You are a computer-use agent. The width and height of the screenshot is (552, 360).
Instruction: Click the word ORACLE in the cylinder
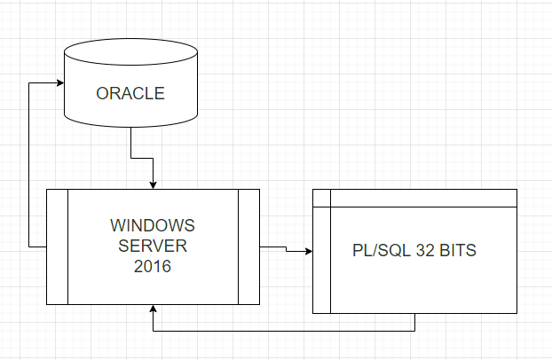coord(130,93)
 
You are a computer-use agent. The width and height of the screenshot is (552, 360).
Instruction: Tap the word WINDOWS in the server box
coord(153,223)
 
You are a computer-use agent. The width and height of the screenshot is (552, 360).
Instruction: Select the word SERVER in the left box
coord(153,244)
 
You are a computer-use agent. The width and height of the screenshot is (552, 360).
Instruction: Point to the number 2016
coord(153,264)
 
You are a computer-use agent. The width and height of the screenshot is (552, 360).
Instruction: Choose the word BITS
coord(458,251)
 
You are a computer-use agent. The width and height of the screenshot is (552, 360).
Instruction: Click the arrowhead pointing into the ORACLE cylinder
coord(59,82)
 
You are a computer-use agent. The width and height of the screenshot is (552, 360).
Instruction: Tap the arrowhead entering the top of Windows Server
coord(154,184)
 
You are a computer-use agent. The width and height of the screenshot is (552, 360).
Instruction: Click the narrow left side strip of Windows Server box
coord(57,246)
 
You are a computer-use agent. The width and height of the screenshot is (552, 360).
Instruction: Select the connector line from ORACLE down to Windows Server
coord(131,142)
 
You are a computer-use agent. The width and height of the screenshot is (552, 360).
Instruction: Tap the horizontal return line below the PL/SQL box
coord(284,331)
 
